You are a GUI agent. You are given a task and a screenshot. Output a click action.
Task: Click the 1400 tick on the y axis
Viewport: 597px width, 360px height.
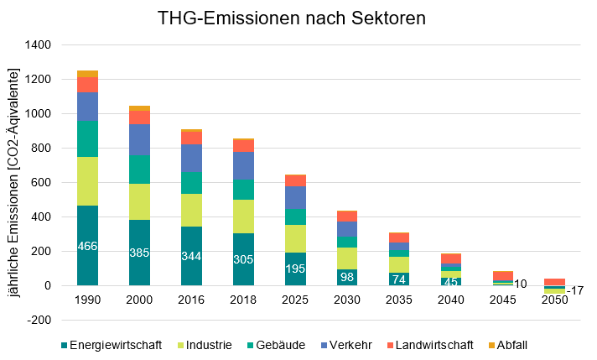click(x=38, y=44)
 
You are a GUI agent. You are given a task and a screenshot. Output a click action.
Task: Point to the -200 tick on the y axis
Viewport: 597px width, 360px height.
click(x=39, y=321)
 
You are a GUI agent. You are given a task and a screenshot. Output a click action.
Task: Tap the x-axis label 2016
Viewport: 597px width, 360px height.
click(x=192, y=300)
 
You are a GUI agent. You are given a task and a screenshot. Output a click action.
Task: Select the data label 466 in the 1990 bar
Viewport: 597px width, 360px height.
click(x=88, y=246)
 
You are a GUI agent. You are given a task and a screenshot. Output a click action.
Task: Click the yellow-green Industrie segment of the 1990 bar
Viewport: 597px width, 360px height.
click(x=88, y=181)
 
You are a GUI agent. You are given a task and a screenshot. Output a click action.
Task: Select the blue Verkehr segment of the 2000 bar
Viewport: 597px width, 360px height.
click(x=139, y=139)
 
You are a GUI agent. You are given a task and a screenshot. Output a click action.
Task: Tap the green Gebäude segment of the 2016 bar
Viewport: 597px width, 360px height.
click(x=192, y=183)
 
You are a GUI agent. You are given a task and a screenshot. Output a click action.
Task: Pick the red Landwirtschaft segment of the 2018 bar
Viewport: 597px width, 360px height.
click(x=243, y=146)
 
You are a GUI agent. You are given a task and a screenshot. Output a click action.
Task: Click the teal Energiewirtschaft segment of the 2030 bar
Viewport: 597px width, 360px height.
click(x=346, y=277)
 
